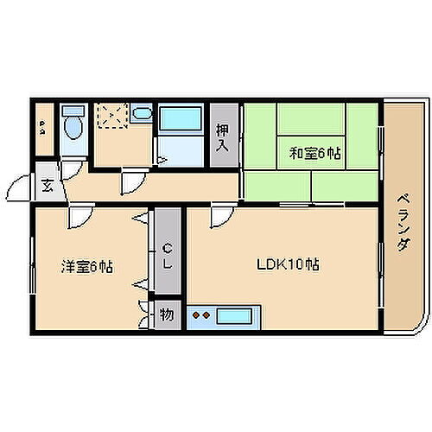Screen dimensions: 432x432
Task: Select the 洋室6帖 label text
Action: click(x=86, y=268)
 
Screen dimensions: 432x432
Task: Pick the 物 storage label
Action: click(x=166, y=314)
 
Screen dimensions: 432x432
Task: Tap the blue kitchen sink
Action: click(x=233, y=316)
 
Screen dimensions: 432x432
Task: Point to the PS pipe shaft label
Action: click(x=42, y=130)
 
